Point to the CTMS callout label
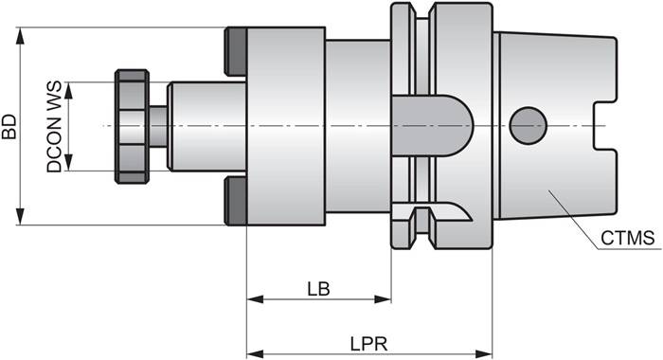[x=627, y=240]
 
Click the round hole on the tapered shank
[x=528, y=125]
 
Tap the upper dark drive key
[x=235, y=51]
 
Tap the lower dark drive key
[x=235, y=201]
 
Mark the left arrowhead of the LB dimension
[x=254, y=300]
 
